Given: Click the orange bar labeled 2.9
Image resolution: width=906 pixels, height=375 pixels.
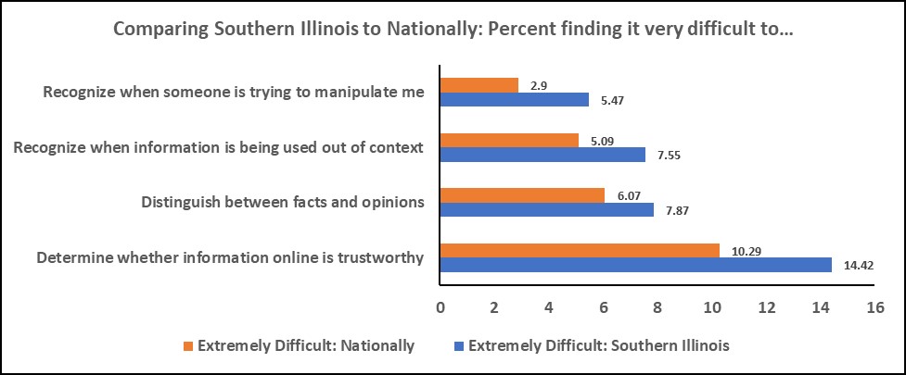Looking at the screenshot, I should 479,86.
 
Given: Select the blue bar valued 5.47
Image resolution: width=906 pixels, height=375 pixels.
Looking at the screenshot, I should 514,100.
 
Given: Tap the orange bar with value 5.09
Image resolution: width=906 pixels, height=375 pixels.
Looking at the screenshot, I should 508,141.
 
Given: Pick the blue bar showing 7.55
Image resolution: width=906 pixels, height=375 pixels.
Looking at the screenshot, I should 542,156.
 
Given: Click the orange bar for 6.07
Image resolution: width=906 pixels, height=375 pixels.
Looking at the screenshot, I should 521,195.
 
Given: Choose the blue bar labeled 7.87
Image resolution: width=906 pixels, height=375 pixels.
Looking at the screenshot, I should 546,210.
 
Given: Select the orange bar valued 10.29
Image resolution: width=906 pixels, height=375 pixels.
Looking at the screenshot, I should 579,250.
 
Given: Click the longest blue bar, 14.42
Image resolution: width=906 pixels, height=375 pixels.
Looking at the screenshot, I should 634,265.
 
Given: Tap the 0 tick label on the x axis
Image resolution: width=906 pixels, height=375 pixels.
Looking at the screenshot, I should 440,306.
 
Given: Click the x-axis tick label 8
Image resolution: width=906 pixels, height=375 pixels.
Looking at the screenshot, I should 657,306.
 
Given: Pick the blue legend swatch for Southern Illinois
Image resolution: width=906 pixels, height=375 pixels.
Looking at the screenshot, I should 457,347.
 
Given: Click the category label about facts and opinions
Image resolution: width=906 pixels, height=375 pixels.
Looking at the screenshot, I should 282,202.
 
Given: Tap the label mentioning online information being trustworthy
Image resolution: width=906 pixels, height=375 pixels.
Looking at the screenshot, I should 230,257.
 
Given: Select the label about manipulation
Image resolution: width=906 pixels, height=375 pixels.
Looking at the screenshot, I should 234,92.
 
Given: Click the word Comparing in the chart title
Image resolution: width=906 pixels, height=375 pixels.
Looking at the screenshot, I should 158,29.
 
